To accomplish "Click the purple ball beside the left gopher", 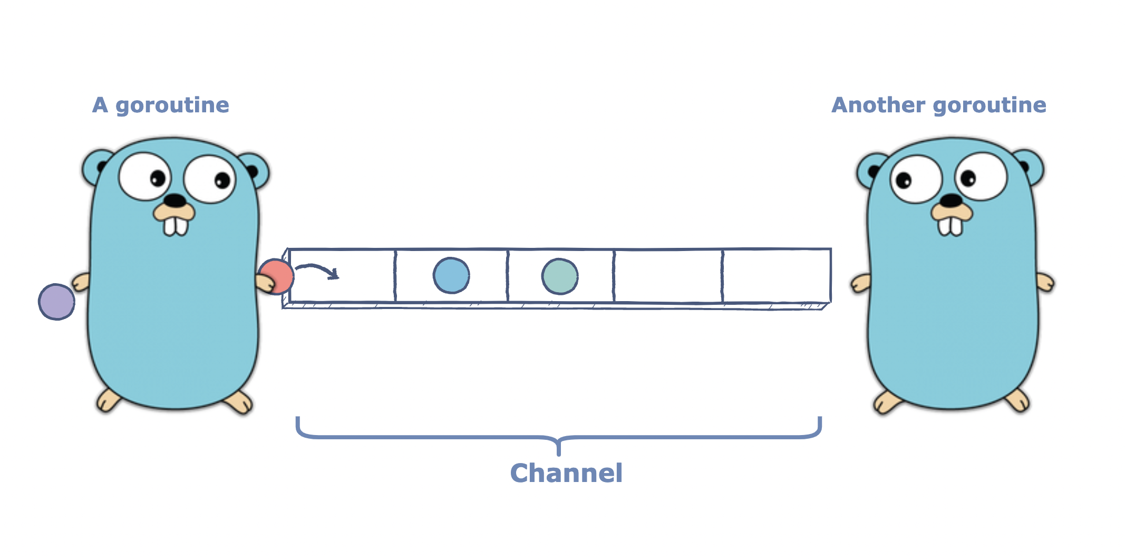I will click(56, 302).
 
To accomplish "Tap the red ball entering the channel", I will click(277, 276).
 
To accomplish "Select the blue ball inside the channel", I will click(451, 275).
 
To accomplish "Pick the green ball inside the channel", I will click(560, 276).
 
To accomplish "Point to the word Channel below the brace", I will click(566, 473).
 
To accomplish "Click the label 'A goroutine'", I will click(161, 105).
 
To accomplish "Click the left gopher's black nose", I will click(174, 200).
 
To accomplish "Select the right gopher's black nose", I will click(952, 200).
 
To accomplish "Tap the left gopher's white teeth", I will click(176, 226).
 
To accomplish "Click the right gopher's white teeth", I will click(951, 226).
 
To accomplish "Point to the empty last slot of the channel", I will click(776, 276).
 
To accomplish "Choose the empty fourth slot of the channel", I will click(668, 276).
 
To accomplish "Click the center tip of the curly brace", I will click(559, 452).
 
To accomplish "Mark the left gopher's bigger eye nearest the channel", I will click(210, 179).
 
